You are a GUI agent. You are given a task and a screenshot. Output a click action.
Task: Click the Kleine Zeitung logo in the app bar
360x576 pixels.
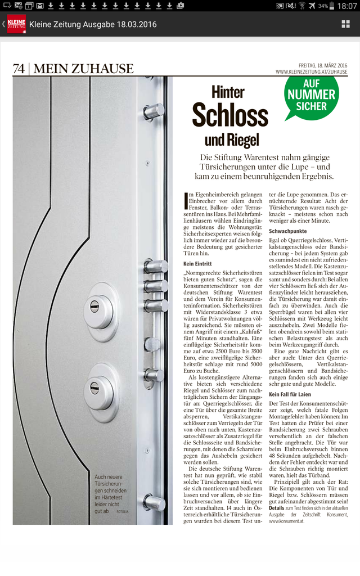pos(16,24)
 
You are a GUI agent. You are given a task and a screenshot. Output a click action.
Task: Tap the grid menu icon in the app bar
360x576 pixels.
pos(345,24)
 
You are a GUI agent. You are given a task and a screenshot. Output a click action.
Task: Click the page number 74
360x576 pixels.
pos(19,69)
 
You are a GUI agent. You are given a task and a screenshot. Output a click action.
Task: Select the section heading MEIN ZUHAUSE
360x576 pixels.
pos(83,69)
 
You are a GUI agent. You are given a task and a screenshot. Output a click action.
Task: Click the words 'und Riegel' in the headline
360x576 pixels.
pos(231,139)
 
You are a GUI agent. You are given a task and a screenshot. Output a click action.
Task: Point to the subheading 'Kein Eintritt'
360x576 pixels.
pos(197,263)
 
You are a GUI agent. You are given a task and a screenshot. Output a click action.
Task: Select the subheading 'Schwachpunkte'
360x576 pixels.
pos(288,231)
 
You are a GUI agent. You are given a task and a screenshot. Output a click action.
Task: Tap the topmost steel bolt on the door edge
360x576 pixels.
pos(153,111)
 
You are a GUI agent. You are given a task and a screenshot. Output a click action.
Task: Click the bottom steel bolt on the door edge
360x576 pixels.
pos(153,502)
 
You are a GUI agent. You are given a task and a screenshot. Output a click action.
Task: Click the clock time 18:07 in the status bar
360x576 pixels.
pos(346,6)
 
